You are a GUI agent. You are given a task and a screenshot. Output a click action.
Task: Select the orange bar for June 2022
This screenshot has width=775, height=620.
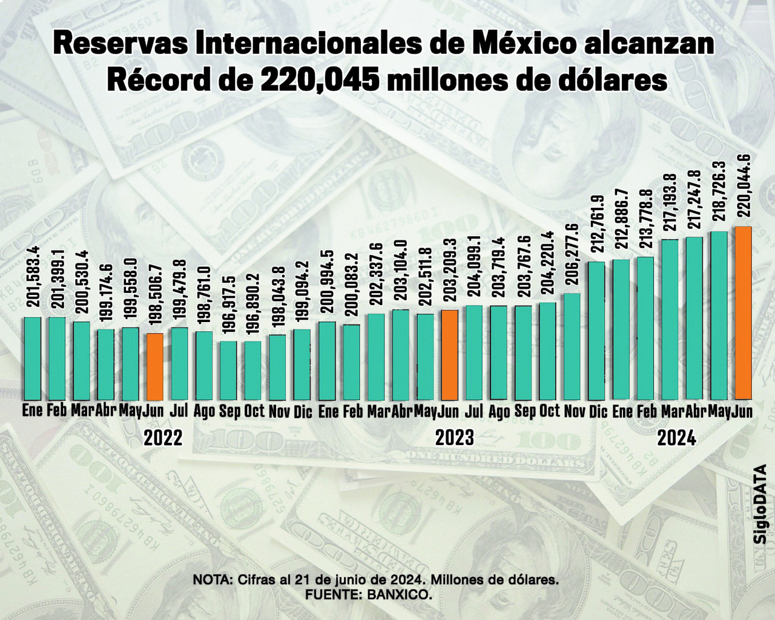pyautogui.click(x=155, y=367)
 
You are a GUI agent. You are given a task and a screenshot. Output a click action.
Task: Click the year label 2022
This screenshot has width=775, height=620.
pyautogui.click(x=163, y=437)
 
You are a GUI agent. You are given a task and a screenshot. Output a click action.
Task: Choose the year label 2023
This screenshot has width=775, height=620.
pyautogui.click(x=455, y=437)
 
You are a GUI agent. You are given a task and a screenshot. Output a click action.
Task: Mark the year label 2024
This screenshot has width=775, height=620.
pyautogui.click(x=677, y=437)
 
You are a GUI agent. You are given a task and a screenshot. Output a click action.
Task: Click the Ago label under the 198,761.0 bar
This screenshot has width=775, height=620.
pyautogui.click(x=205, y=412)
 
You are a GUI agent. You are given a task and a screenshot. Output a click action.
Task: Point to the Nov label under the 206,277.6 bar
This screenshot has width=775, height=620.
pyautogui.click(x=572, y=412)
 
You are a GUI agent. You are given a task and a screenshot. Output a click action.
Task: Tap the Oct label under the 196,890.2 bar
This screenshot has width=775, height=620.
pyautogui.click(x=254, y=412)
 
